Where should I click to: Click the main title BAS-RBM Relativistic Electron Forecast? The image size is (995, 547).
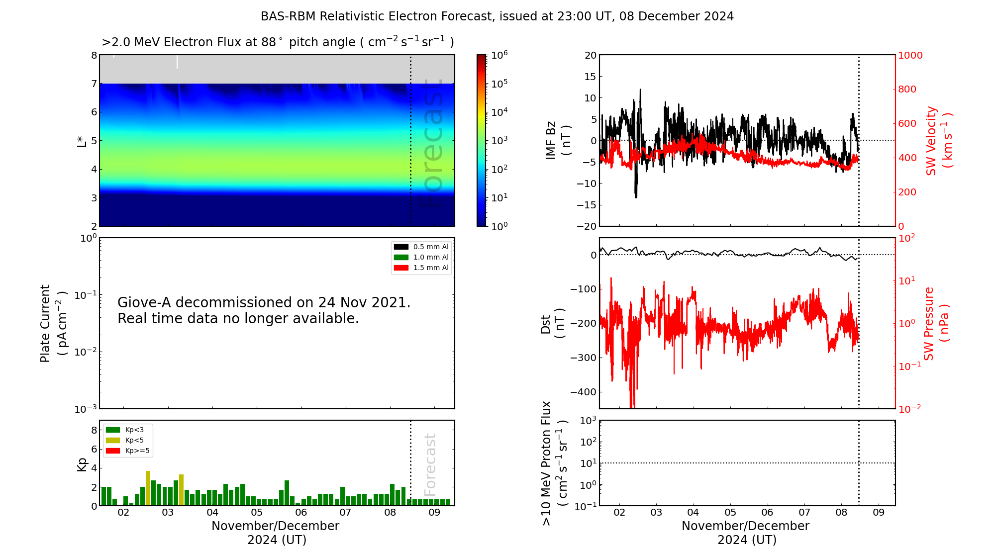tap(497, 16)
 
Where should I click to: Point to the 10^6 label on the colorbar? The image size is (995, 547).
tap(499, 55)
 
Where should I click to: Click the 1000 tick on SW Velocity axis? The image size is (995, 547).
tap(910, 55)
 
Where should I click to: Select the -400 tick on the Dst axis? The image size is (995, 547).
tap(583, 392)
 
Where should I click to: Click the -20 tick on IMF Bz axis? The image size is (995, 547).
tap(587, 226)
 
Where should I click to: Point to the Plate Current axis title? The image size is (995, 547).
tap(52, 323)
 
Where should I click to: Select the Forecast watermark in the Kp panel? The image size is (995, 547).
tap(430, 464)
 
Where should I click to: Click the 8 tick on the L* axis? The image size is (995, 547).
tap(94, 55)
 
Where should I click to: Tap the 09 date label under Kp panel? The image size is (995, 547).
tap(434, 513)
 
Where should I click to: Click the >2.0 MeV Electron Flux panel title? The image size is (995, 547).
tap(278, 42)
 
